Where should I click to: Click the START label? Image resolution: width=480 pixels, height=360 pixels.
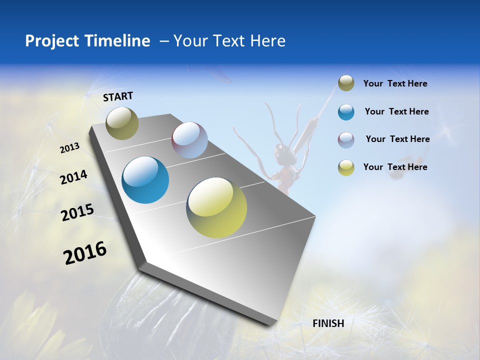coord(118,96)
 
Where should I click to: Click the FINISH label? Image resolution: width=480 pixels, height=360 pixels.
coord(328,323)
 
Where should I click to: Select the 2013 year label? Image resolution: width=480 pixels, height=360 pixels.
coord(69,148)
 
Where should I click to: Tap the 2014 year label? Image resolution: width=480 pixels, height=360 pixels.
coord(73,177)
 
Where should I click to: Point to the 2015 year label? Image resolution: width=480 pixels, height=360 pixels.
coord(77,212)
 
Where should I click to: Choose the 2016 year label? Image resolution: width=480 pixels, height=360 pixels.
coord(85,253)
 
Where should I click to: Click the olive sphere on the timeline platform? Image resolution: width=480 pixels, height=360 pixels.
coord(122,123)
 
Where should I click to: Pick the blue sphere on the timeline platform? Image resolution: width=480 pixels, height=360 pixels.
coord(145,180)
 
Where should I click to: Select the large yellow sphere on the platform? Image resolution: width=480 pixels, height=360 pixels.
coord(216,207)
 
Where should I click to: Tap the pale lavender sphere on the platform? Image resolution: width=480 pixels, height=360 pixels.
coord(189,140)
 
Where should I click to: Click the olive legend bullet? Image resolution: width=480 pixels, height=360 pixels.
coord(346,83)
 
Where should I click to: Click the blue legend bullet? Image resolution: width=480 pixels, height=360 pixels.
coord(346,112)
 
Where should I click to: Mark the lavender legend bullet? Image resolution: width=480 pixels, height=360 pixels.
coord(346,139)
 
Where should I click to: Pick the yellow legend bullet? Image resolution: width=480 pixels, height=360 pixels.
coord(346,167)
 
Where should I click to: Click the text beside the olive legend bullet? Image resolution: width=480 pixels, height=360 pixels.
coord(395,83)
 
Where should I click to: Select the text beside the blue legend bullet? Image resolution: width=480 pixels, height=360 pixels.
coord(396,111)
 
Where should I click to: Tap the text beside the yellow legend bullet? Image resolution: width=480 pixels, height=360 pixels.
coord(395,167)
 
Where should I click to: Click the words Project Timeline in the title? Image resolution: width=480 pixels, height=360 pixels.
coord(87,41)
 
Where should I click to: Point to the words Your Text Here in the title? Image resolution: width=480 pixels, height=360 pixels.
coord(229,41)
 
